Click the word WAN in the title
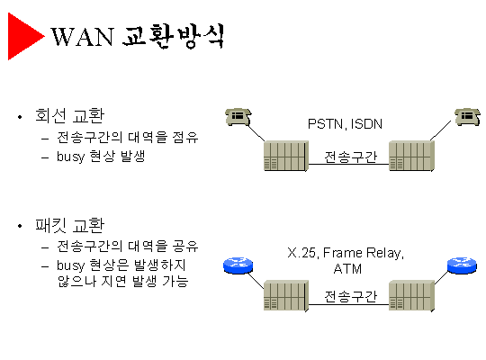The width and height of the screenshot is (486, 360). click(x=82, y=37)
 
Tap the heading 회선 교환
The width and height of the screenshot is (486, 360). click(x=69, y=115)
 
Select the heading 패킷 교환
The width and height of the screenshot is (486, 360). click(x=69, y=225)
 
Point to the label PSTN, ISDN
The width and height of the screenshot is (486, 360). click(x=345, y=124)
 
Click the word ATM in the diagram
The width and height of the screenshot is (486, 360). click(x=347, y=268)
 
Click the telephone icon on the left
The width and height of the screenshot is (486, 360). click(x=238, y=117)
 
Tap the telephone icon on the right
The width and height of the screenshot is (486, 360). click(x=467, y=117)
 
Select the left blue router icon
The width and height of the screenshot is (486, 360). click(x=238, y=265)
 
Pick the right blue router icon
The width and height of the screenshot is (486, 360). click(x=462, y=265)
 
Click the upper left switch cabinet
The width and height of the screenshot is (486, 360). click(x=286, y=156)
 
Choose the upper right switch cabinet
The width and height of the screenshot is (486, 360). click(x=411, y=156)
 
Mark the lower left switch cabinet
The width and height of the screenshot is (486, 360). click(x=286, y=295)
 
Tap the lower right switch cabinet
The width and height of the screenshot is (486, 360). click(x=411, y=295)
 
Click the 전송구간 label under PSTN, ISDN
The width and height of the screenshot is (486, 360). click(x=351, y=157)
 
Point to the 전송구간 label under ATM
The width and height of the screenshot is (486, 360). click(x=351, y=296)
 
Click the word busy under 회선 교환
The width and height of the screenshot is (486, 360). click(x=70, y=157)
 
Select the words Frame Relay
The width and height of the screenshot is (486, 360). click(x=364, y=253)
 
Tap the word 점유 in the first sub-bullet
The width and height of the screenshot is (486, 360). click(x=185, y=137)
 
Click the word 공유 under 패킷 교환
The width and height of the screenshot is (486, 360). click(x=185, y=246)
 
